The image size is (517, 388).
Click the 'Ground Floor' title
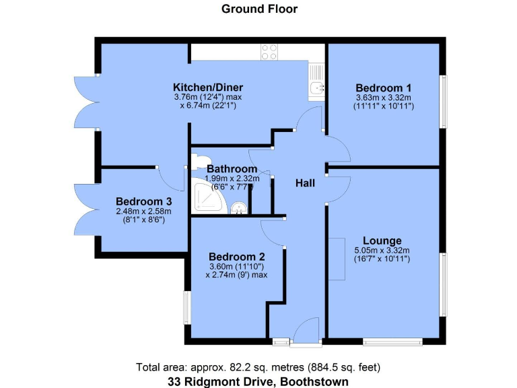(x=259, y=9)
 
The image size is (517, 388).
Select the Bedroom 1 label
(x=384, y=88)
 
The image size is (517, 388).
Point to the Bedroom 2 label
(x=236, y=257)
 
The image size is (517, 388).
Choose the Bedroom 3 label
(x=143, y=201)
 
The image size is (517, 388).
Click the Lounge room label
(x=382, y=240)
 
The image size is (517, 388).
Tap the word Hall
(x=307, y=183)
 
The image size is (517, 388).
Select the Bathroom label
(x=232, y=168)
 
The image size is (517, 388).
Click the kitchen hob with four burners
(x=270, y=52)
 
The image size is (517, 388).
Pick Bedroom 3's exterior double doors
(x=85, y=211)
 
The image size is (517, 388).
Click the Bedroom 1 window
(x=443, y=101)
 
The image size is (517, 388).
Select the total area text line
(x=259, y=368)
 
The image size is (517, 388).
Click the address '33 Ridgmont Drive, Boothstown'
(x=259, y=381)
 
